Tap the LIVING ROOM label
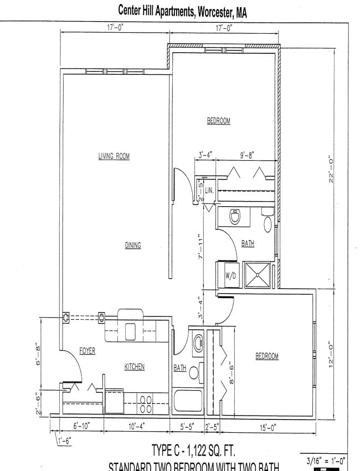[x=114, y=157]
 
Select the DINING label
[x=132, y=245]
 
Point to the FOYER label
[x=87, y=351]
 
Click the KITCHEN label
[x=134, y=367]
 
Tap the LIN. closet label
[x=209, y=190]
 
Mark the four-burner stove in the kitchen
[x=146, y=403]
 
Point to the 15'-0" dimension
[x=267, y=427]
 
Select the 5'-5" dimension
[x=187, y=427]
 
